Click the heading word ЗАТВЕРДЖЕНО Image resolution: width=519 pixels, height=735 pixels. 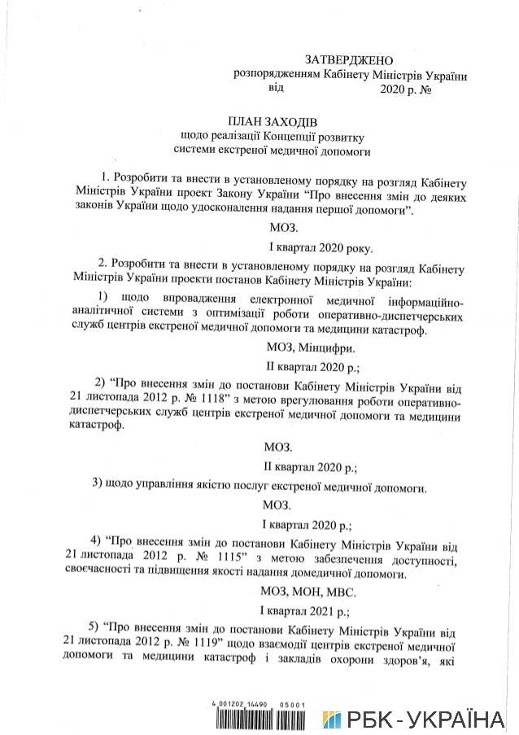348,60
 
